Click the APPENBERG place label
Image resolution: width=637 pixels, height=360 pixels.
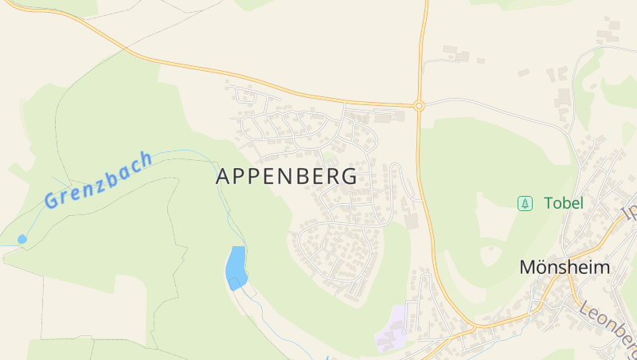[x=287, y=177]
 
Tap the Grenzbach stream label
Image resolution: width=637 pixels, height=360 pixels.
[x=98, y=179]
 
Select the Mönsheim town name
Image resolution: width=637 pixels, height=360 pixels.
[x=564, y=268]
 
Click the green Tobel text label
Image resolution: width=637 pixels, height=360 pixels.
[x=564, y=203]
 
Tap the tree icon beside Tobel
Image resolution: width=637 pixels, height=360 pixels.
[x=525, y=203]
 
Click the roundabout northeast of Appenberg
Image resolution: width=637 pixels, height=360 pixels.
[x=419, y=104]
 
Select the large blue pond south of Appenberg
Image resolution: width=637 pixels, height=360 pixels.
[x=236, y=268]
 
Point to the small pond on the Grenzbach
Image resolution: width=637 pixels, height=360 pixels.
[x=21, y=239]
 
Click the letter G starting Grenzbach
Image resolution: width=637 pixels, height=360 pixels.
[x=52, y=199]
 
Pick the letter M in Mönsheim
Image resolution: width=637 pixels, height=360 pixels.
[x=527, y=268]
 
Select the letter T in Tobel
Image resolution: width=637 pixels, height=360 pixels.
[x=549, y=203]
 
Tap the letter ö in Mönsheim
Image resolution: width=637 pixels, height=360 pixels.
[x=542, y=268]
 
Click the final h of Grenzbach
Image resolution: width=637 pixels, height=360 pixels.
[x=145, y=158]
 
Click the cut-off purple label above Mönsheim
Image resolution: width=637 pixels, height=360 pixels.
[x=629, y=213]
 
